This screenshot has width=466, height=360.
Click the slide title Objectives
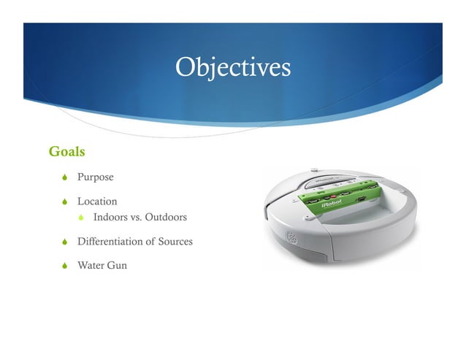[233, 67]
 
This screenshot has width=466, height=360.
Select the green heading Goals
[66, 152]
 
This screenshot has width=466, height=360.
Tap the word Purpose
[96, 177]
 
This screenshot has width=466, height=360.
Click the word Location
[97, 201]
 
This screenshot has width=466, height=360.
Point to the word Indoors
[110, 218]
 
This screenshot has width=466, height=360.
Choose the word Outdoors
[166, 218]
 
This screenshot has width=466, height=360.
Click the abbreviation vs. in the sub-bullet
[136, 218]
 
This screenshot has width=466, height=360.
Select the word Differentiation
[112, 241]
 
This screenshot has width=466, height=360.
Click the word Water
[91, 265]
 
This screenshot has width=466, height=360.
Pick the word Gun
[117, 265]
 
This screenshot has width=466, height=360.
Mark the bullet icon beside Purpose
[65, 177]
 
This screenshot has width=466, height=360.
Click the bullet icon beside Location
[65, 201]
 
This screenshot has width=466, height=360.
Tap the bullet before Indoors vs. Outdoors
[82, 218]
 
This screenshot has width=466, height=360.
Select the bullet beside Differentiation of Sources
[65, 241]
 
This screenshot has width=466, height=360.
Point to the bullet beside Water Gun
[65, 265]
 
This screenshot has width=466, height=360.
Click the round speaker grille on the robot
[291, 238]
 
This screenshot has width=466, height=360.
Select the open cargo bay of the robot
[365, 219]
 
